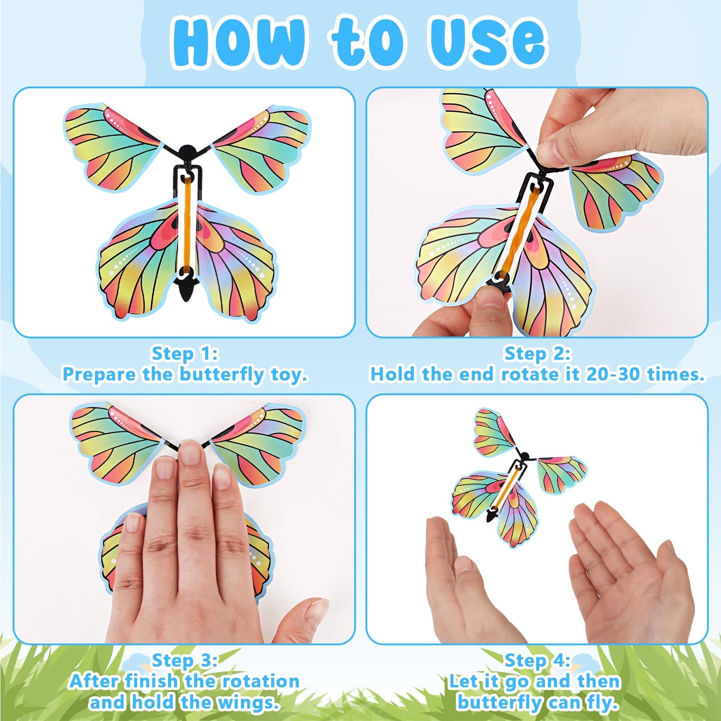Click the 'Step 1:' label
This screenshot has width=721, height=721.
[x=185, y=353]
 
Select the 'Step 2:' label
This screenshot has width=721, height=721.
[x=537, y=353]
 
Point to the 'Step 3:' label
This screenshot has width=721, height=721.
[x=185, y=660]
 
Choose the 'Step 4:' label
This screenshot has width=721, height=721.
[x=537, y=660]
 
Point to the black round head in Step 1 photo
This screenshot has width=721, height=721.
[x=187, y=151]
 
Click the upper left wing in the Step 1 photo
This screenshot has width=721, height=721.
[x=112, y=145]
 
